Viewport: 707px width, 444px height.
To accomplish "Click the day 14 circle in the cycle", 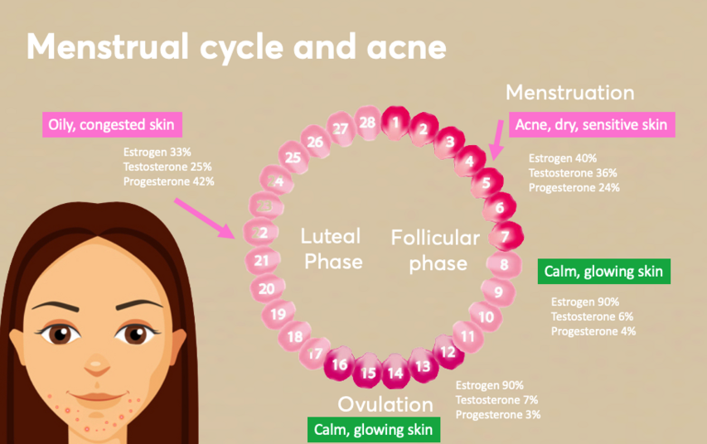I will tap(395, 373).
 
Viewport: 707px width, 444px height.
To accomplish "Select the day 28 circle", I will tap(367, 123).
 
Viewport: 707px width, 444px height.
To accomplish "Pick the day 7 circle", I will tap(505, 236).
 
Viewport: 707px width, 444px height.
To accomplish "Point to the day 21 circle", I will tap(262, 261).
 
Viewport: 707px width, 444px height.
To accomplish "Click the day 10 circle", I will tap(487, 316).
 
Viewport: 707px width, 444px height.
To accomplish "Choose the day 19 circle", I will tap(278, 314).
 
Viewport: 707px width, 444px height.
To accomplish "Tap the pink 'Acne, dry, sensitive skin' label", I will tap(591, 124).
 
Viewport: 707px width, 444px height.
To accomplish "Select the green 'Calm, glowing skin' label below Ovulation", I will tap(372, 430).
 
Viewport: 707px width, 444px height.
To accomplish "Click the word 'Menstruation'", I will tap(569, 93).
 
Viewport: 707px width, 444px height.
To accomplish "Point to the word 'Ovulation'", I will tap(385, 404).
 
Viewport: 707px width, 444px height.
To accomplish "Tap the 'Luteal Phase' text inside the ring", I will tap(332, 249).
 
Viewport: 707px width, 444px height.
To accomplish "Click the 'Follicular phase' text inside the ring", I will tap(435, 250).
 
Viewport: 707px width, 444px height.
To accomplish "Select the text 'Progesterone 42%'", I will tap(168, 181).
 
